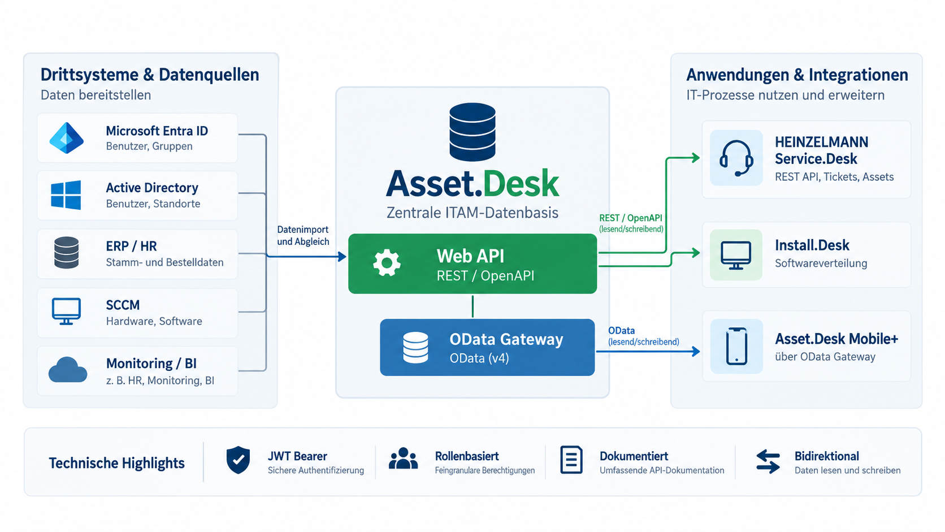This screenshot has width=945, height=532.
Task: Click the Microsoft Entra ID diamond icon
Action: coord(66,138)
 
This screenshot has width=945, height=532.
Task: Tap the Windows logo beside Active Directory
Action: coord(66,195)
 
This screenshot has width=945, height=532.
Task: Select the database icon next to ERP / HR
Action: coord(66,253)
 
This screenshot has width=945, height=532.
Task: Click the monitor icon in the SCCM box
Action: coord(66,312)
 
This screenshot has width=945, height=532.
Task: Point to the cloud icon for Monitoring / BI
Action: coord(67,370)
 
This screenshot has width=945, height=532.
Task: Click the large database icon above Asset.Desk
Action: coord(472,132)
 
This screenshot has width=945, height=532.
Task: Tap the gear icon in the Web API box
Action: coord(387,263)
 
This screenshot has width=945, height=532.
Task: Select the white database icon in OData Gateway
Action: coord(415,348)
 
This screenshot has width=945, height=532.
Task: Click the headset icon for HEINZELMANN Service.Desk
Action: coord(736,158)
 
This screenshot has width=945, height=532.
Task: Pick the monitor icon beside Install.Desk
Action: coord(736,255)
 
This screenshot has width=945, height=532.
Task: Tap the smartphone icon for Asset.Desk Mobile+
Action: coord(736,347)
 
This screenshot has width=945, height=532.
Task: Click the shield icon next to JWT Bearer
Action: coord(238,460)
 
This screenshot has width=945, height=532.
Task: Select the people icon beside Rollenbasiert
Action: coord(404,459)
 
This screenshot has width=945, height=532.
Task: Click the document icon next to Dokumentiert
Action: coord(571,460)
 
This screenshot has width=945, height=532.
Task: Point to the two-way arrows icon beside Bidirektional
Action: coord(768,461)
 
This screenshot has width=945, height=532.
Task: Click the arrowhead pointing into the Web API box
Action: coord(342,256)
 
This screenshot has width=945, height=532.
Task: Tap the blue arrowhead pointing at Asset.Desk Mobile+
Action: coord(696,352)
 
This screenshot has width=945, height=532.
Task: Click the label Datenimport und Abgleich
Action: coord(303,235)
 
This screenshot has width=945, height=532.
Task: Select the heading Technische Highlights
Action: coord(117,463)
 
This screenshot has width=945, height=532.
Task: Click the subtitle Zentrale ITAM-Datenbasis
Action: coord(472,213)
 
